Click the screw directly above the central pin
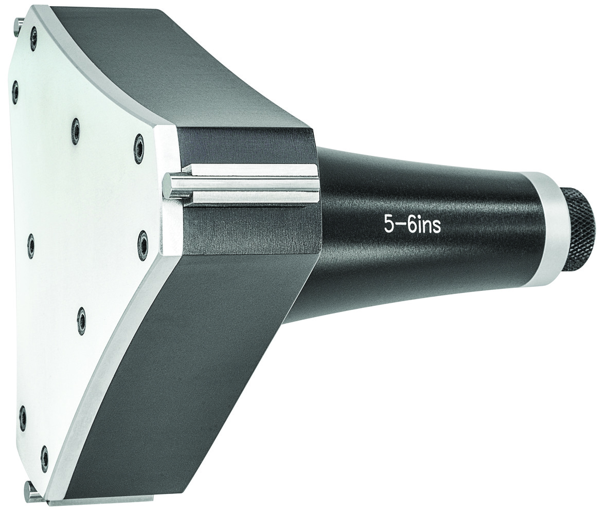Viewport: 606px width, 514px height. pyautogui.click(x=139, y=143)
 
